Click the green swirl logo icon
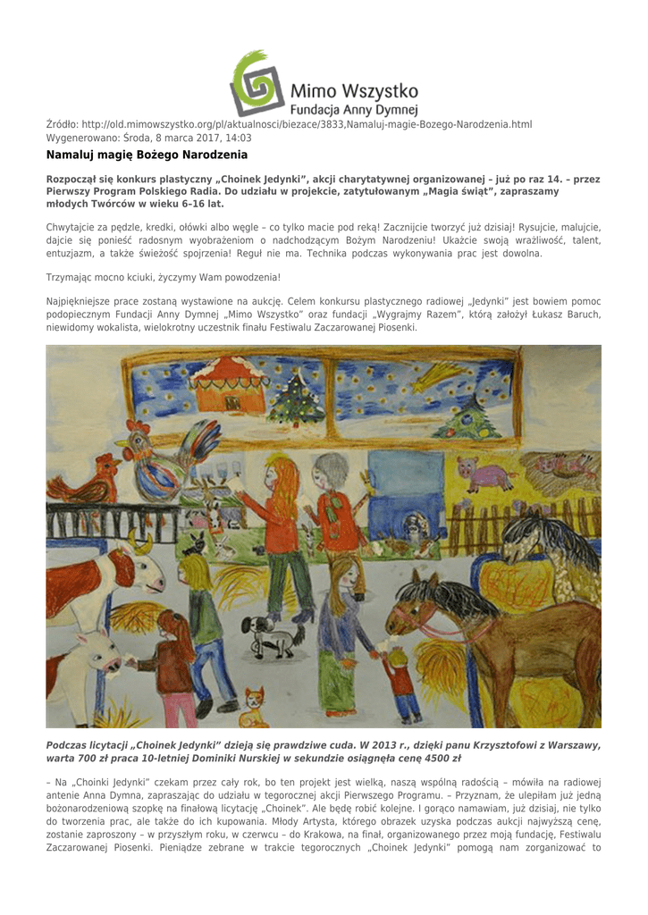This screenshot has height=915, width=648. (x=257, y=83)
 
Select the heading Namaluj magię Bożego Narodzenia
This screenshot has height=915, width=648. (x=147, y=155)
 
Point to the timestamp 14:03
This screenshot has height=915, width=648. (x=238, y=138)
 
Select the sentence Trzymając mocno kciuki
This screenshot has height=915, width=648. (x=163, y=277)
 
